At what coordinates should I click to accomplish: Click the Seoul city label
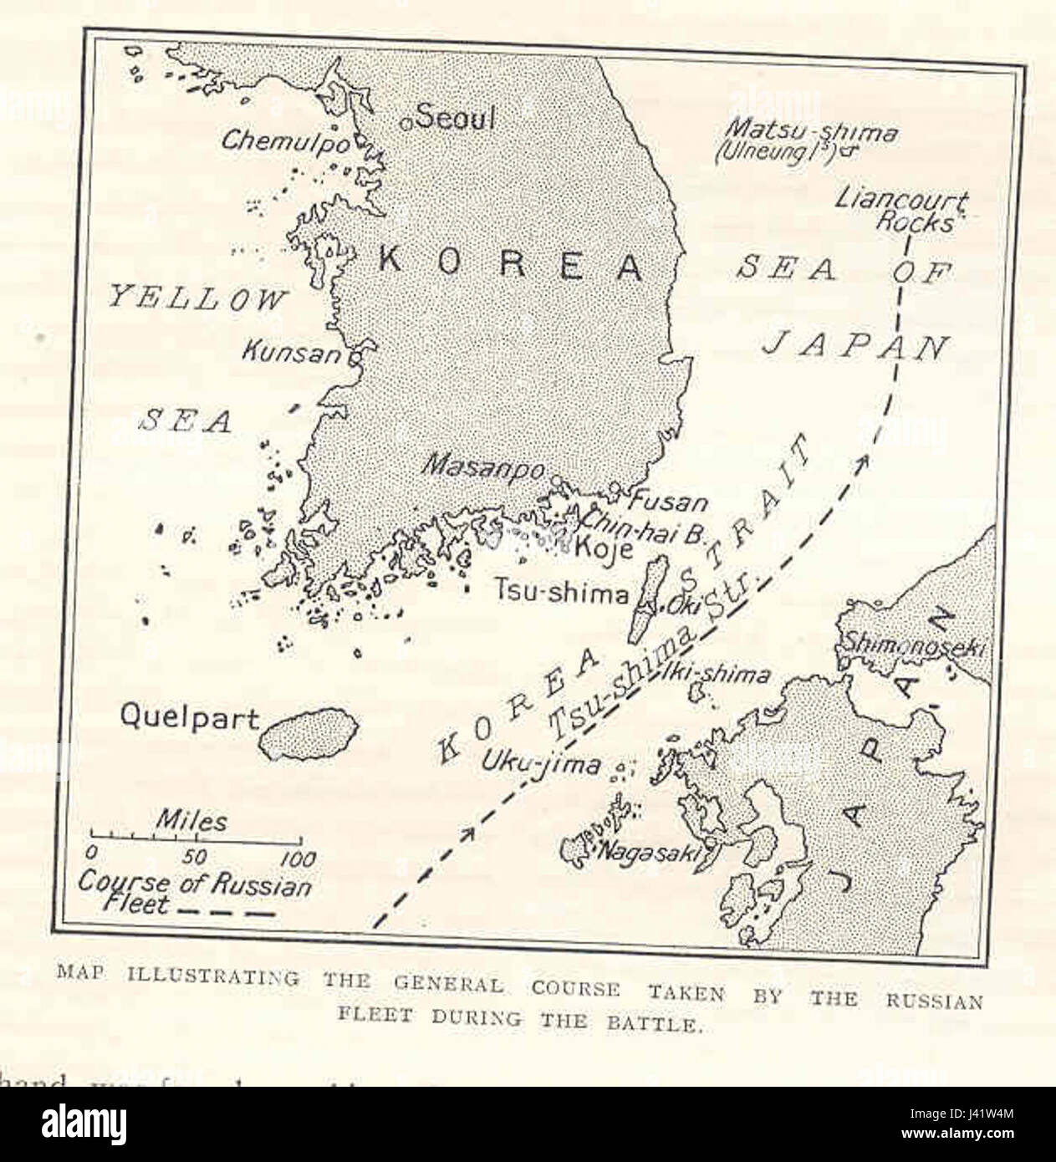tap(456, 118)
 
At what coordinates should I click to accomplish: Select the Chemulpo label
tap(285, 141)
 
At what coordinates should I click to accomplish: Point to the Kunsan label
tap(291, 353)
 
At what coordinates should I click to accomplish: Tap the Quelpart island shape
tap(304, 735)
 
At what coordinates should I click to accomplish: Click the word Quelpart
tap(190, 716)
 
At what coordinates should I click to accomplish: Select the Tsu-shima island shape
tap(652, 598)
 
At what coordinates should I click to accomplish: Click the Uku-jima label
tap(540, 763)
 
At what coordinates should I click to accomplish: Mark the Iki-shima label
tap(715, 673)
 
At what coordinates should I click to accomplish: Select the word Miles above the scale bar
tap(192, 821)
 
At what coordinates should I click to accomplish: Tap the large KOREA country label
tap(511, 266)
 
